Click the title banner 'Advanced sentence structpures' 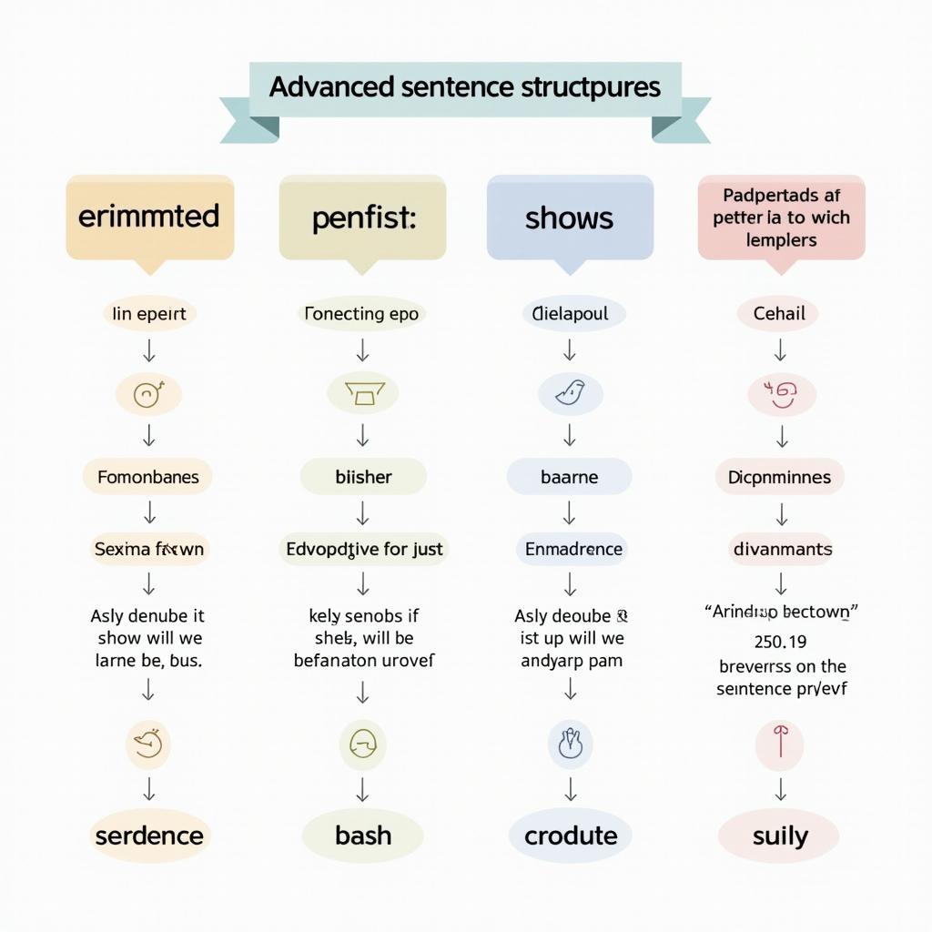pos(464,88)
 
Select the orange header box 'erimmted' pos(149,217)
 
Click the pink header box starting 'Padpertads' pos(781,218)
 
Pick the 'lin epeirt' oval pos(148,314)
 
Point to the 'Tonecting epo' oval pos(362,314)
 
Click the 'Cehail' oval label pos(779,314)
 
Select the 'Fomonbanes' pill pos(147,477)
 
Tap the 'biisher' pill pos(363,477)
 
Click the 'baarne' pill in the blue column pos(570,477)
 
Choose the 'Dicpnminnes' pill pos(779,477)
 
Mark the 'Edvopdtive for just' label pos(364,549)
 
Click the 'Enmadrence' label pos(573,549)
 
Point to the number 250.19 pos(780,642)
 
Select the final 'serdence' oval pos(148,836)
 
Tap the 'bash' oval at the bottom pos(363,836)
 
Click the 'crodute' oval pos(571,836)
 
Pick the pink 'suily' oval pos(780,836)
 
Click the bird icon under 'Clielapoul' pos(570,393)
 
